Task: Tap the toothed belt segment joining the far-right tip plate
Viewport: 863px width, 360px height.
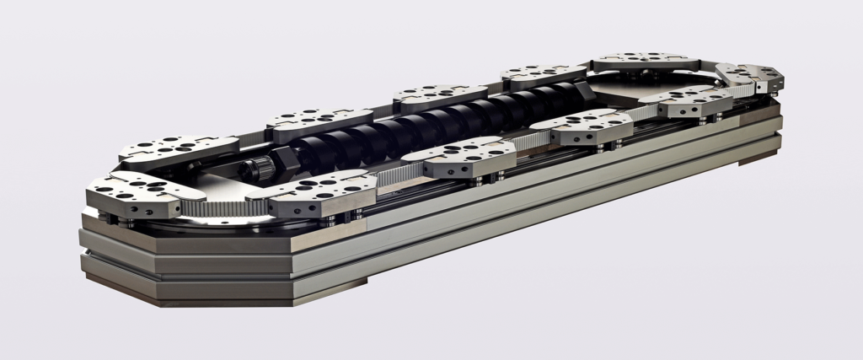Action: coord(733,81)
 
